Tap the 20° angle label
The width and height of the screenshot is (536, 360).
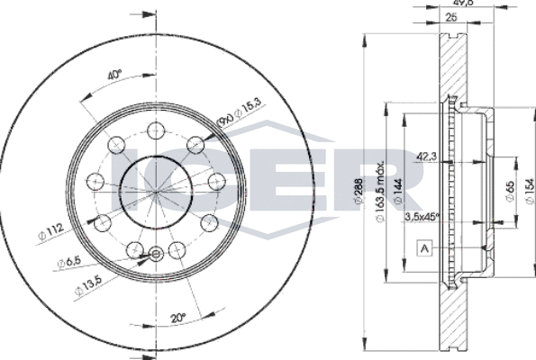point(178,317)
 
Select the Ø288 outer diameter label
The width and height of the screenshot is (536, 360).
point(362,193)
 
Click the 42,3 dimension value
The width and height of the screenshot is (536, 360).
point(428,156)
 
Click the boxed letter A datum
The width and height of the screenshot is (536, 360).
point(422,249)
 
